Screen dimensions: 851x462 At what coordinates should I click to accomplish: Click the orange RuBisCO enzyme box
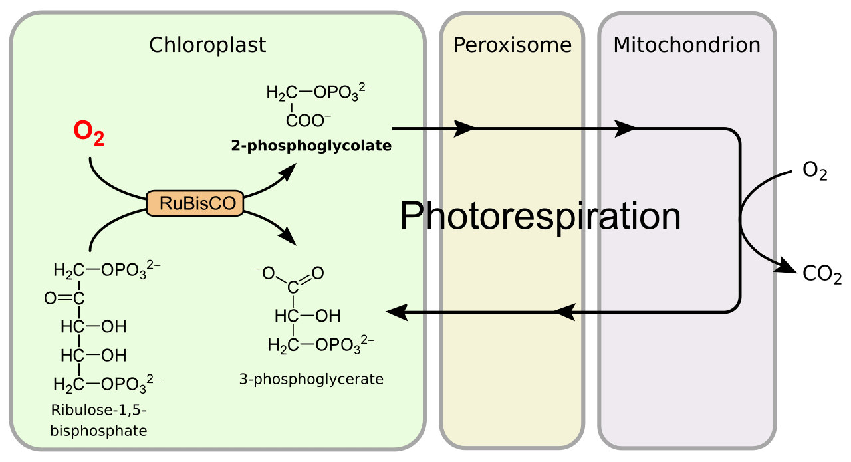(x=195, y=203)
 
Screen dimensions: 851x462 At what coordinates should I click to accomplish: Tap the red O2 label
(x=89, y=133)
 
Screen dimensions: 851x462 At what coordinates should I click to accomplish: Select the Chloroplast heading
(x=207, y=45)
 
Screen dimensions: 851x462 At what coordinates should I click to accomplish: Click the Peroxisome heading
(x=513, y=45)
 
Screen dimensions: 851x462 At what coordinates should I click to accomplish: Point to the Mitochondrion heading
(x=687, y=45)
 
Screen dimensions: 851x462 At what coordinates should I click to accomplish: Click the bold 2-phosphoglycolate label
(x=311, y=146)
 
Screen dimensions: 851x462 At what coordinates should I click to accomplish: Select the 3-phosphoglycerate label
(x=311, y=379)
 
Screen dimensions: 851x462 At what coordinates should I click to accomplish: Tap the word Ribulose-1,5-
(x=99, y=410)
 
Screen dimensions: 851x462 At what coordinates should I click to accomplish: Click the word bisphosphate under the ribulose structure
(x=99, y=431)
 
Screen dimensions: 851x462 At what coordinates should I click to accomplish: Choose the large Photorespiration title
(x=541, y=216)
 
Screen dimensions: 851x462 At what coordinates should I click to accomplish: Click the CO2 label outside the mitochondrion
(x=822, y=275)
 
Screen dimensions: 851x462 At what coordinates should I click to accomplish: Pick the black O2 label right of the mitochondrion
(x=815, y=171)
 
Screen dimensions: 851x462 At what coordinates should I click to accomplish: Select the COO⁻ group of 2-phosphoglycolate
(x=308, y=121)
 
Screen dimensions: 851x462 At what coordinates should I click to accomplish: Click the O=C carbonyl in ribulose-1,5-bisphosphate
(x=64, y=298)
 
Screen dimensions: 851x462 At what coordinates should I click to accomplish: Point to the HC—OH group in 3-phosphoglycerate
(x=307, y=316)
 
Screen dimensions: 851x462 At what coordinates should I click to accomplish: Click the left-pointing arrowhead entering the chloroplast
(x=397, y=312)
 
